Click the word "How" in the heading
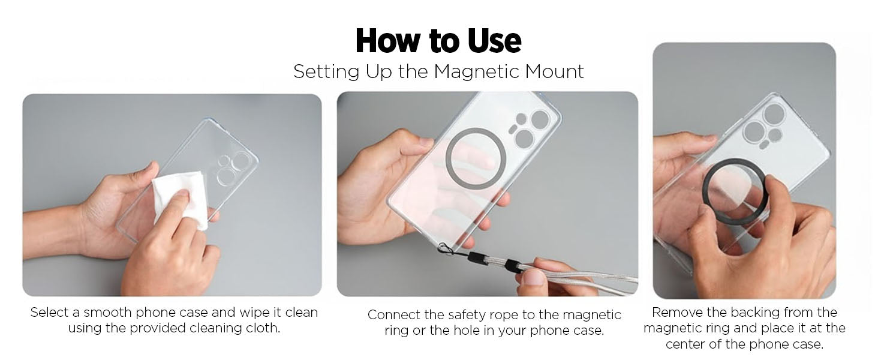pyautogui.click(x=389, y=41)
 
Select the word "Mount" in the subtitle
pyautogui.click(x=554, y=71)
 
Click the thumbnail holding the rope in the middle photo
pyautogui.click(x=533, y=278)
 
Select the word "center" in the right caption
pyautogui.click(x=686, y=344)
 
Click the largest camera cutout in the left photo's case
pyautogui.click(x=240, y=161)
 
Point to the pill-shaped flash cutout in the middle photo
pyautogui.click(x=513, y=128)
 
